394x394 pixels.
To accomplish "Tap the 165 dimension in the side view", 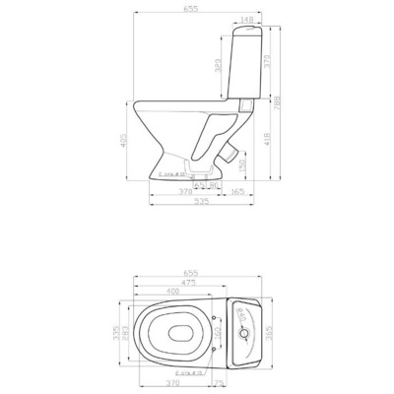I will [237, 192].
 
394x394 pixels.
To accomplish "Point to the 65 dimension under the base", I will [198, 183].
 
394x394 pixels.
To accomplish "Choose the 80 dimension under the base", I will [212, 183].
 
